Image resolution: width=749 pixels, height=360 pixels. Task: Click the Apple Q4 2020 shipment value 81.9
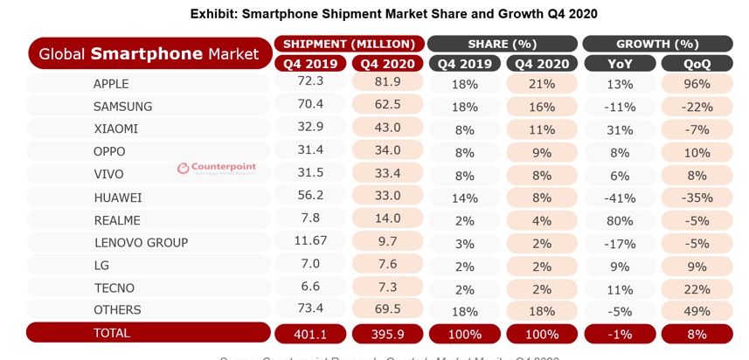(x=386, y=83)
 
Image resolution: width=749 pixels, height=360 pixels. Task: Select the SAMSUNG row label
(x=122, y=107)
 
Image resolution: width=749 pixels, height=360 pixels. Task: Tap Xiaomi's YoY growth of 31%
(x=621, y=128)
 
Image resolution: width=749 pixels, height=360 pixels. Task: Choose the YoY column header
(x=621, y=63)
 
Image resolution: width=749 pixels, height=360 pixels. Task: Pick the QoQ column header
(x=697, y=63)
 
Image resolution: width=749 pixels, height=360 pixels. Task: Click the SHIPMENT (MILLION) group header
(x=348, y=44)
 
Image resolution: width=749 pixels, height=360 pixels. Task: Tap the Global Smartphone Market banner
(x=149, y=54)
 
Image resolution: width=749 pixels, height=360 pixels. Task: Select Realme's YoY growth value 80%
(x=621, y=220)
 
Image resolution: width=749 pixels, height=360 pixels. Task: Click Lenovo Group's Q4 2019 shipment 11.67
(x=310, y=242)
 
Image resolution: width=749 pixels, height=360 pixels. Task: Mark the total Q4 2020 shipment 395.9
(x=386, y=334)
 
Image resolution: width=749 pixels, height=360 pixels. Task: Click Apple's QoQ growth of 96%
(x=697, y=83)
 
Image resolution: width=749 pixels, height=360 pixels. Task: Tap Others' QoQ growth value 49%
(x=697, y=310)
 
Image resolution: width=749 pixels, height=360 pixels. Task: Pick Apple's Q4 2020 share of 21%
(x=542, y=83)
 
